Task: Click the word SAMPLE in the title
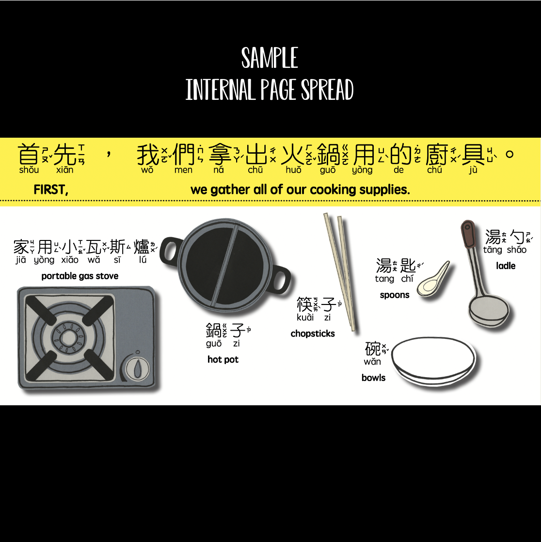(270, 58)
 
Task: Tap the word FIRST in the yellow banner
(50, 190)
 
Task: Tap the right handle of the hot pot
(282, 279)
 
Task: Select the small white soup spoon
(433, 280)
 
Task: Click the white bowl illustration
(433, 361)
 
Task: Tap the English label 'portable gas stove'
(80, 276)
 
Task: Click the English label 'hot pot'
(223, 360)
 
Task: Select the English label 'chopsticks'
(313, 334)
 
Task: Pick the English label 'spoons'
(395, 295)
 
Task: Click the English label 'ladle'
(506, 266)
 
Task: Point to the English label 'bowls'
(373, 378)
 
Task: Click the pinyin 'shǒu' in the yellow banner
(29, 170)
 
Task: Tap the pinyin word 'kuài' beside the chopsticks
(305, 318)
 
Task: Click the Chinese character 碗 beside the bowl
(373, 349)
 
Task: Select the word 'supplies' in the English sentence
(388, 190)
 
